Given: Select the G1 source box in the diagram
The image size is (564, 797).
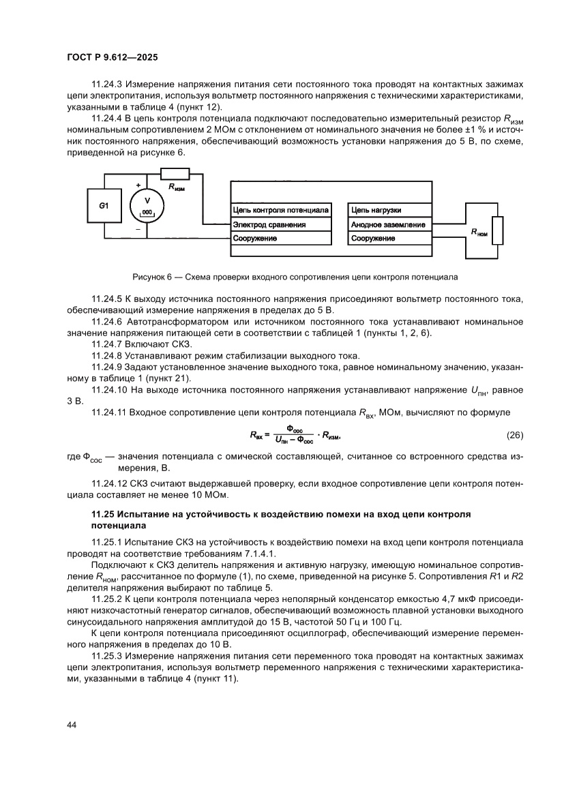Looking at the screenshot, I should coord(104,205).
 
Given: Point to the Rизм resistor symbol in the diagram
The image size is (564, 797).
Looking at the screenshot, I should coord(175,172).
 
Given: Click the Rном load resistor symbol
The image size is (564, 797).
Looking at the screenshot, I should coord(498,230).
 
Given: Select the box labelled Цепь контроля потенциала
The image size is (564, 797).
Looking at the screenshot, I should coord(280,210).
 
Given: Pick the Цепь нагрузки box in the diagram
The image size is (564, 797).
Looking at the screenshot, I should coord(389,210).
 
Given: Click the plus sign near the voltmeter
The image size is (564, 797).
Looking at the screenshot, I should coord(138,185).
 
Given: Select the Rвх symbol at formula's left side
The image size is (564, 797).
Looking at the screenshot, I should coord(256,435).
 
